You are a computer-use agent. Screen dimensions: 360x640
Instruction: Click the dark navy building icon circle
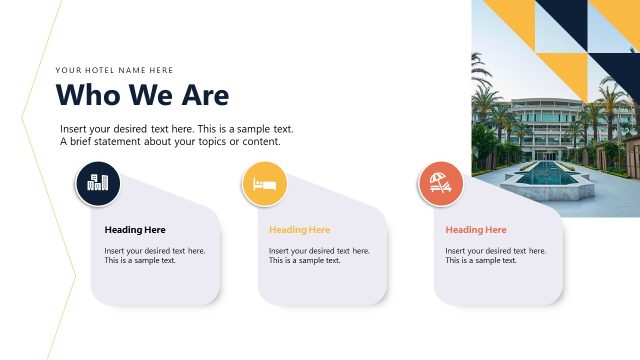coord(98,183)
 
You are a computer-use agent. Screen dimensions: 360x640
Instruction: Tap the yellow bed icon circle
coord(264,184)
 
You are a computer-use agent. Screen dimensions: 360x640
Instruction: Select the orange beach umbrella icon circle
coord(440,183)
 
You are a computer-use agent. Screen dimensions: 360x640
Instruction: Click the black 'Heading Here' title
coord(135,230)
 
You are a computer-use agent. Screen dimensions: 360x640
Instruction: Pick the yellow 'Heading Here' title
coord(299,230)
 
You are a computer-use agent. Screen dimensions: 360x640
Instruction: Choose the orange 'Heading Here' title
coord(475,230)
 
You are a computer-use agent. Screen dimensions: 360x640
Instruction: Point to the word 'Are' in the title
coord(204,96)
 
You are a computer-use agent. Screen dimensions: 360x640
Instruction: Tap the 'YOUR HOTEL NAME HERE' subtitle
coord(114,70)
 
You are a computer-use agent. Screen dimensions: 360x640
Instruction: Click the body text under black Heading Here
coord(155,255)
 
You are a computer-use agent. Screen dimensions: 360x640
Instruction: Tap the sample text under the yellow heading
coord(318,255)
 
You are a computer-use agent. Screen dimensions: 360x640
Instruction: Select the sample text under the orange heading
coord(495,255)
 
